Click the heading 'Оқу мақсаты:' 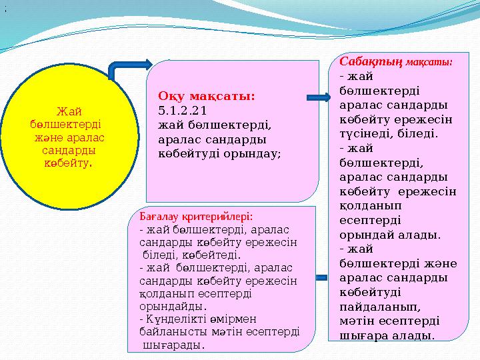point(207,97)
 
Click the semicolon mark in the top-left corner point(5,9)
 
